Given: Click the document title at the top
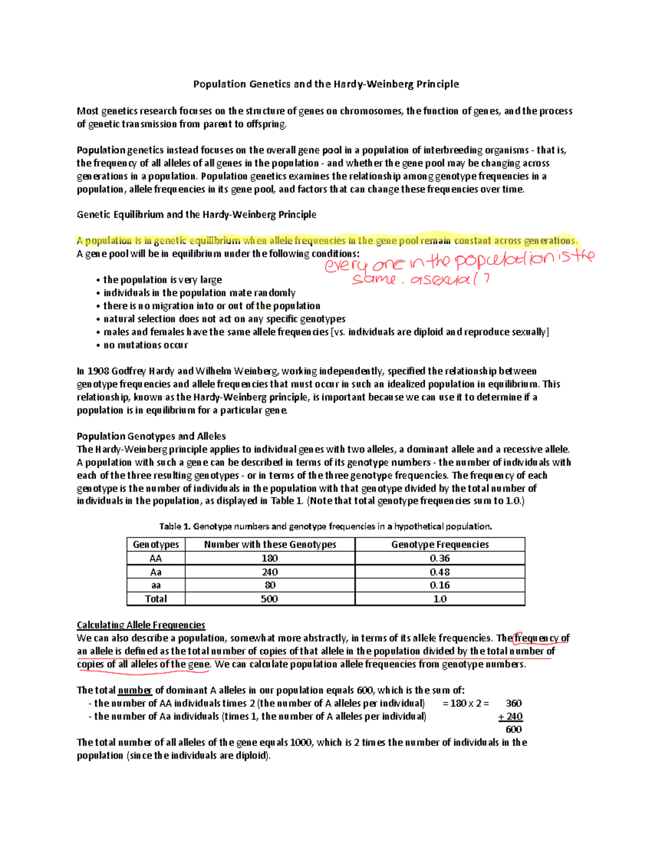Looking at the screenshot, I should click(326, 84).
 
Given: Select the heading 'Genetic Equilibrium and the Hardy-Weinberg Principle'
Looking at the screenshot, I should click(196, 215).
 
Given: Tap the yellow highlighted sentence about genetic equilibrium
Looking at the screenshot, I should click(326, 241).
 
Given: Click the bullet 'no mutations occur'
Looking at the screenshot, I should click(145, 345).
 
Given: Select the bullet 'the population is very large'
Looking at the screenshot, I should click(162, 280).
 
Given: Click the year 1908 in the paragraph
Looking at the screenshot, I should click(98, 371).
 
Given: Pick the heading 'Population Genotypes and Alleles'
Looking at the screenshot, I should click(151, 436).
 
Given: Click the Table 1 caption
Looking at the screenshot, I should click(325, 526).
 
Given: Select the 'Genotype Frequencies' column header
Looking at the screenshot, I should click(440, 545).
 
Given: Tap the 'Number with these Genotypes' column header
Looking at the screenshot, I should click(269, 545).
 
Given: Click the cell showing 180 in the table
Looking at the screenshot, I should click(269, 558).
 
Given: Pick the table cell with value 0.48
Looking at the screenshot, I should click(440, 572).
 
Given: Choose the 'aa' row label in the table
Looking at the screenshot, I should click(156, 585).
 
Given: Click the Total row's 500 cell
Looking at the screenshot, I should click(269, 599).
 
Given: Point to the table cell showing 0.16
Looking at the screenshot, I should click(440, 585).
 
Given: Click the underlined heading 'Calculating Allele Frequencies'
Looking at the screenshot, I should click(141, 625).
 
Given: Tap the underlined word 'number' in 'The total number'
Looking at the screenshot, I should click(135, 690).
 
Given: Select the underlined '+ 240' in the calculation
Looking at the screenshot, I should click(510, 716).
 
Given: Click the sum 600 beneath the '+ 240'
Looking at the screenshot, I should click(513, 729).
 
